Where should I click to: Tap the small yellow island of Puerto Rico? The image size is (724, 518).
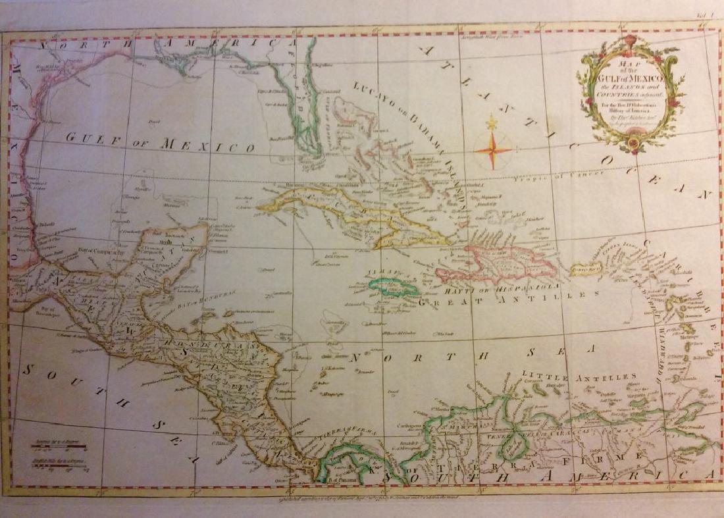pos(586,268)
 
